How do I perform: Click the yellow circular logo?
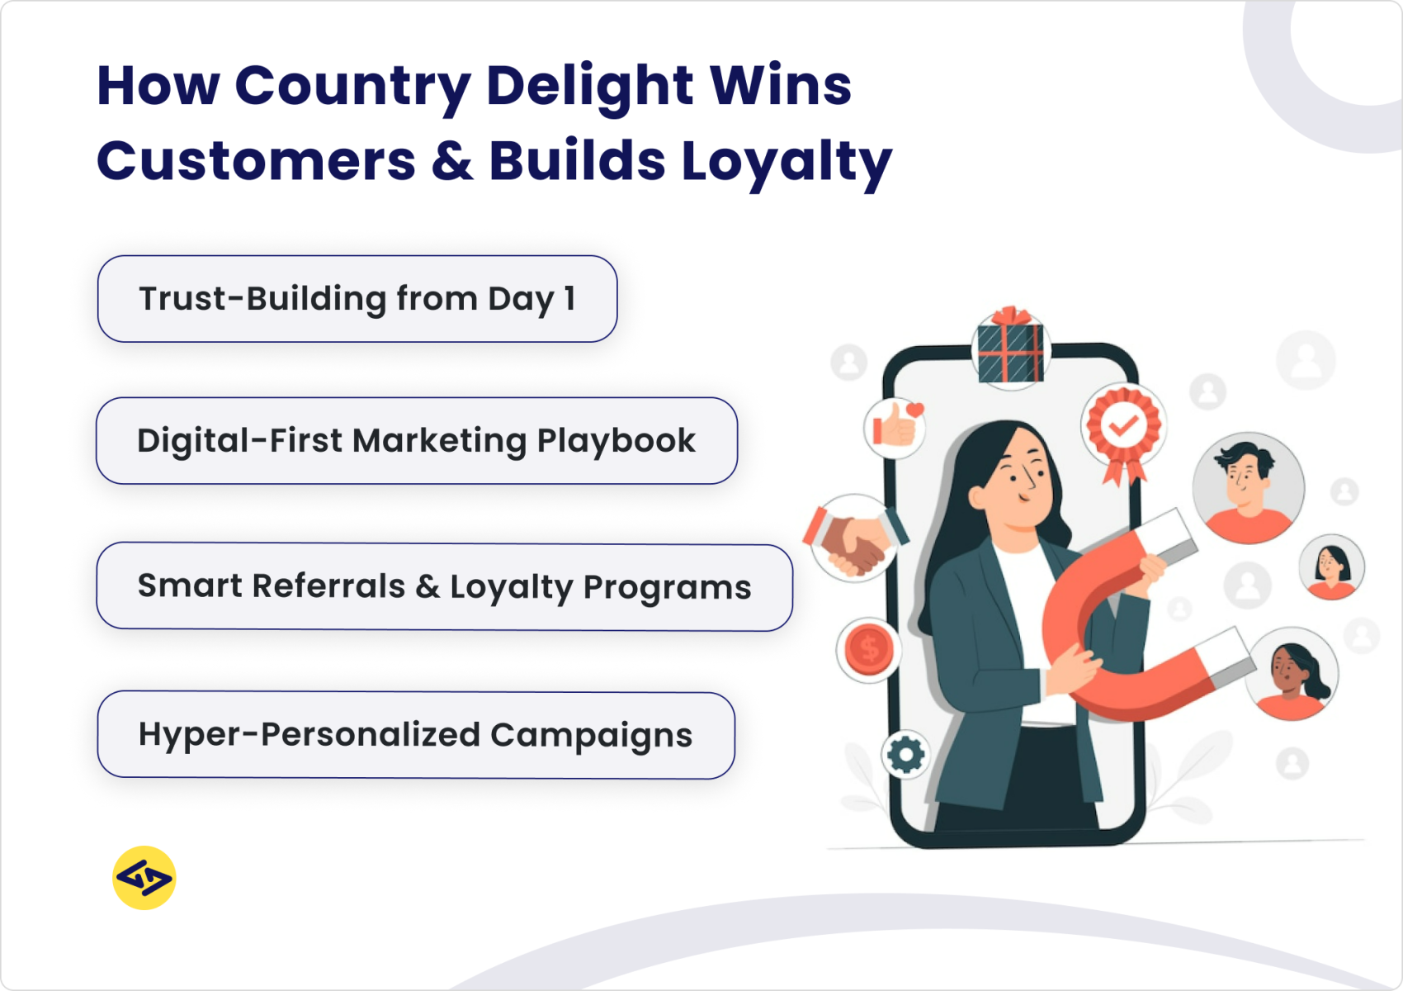144,877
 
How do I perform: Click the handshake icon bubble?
856,538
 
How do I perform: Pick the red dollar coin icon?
868,649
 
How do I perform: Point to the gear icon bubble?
905,754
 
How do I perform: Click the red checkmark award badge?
1122,428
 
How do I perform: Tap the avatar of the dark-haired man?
1248,488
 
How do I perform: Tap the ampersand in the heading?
452,161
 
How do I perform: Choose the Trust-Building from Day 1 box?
357,299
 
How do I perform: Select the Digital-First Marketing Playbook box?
416,441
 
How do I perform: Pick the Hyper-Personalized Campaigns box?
416,735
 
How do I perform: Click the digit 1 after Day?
569,299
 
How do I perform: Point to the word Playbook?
616,441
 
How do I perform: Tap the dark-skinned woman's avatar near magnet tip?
1292,674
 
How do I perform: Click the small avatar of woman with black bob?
1330,567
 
